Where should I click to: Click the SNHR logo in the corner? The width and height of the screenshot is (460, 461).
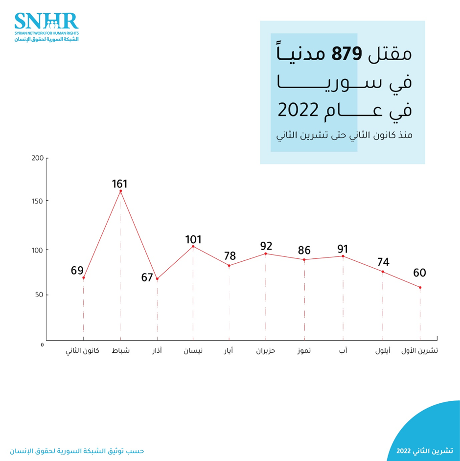point(46,27)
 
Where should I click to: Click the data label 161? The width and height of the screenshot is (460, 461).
point(119,184)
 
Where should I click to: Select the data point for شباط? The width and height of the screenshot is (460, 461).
point(120,191)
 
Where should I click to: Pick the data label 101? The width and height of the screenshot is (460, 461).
point(193,240)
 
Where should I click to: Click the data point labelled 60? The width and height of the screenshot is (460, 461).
point(420,287)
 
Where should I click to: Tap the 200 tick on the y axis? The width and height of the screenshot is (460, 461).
point(37,158)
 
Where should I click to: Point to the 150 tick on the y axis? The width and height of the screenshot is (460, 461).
point(37,201)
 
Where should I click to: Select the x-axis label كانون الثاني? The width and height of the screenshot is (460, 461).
point(83,351)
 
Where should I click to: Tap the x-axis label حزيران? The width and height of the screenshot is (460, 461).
point(266,351)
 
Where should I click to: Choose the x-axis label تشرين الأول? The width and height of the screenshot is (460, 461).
point(419,351)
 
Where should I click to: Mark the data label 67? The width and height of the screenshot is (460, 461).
point(147,278)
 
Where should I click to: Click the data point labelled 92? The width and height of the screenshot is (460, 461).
point(266,254)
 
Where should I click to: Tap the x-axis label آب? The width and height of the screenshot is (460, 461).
point(343,351)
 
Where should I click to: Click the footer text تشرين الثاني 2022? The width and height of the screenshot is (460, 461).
point(425,450)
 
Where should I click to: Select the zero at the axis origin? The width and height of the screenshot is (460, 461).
point(43,345)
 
